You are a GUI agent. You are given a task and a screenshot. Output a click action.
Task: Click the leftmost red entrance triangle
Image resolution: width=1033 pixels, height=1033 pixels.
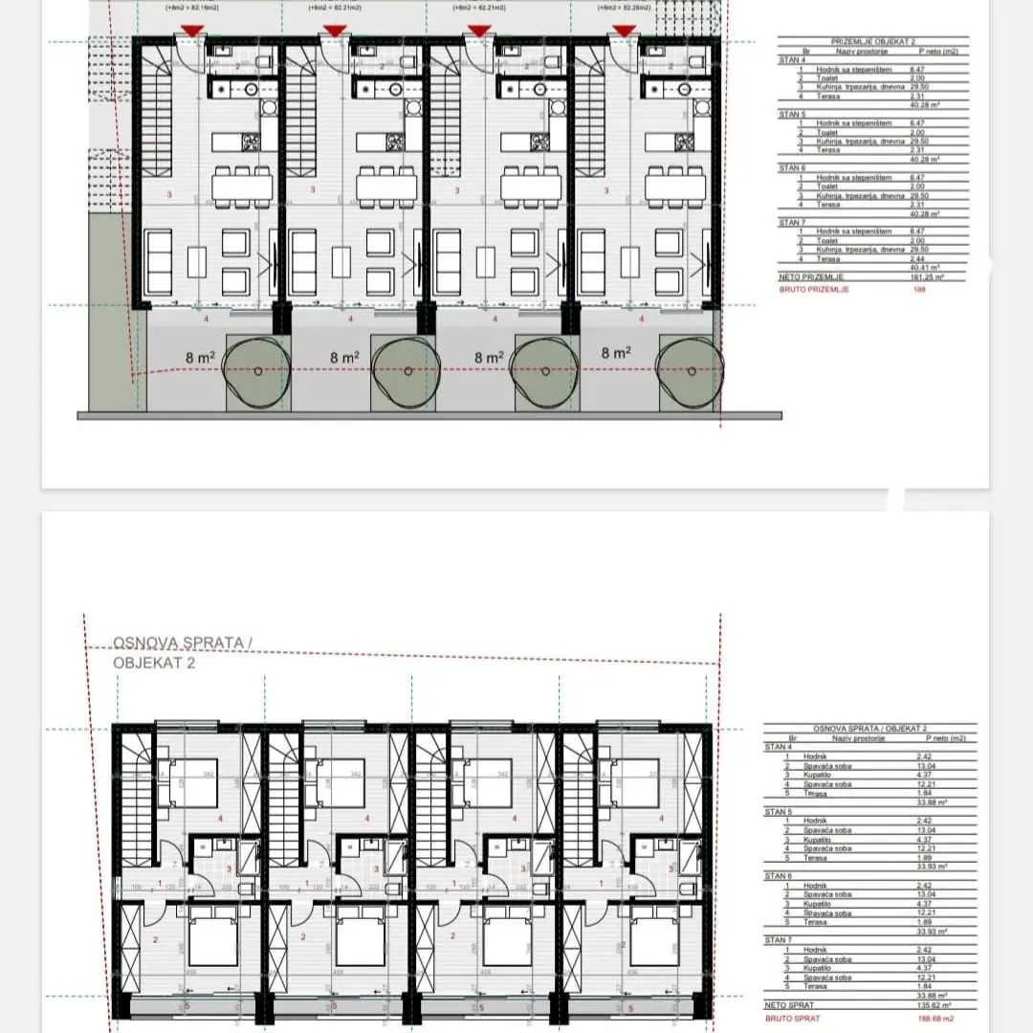tap(192, 32)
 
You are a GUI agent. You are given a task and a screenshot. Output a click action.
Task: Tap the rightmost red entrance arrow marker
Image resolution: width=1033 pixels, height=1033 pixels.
tap(624, 32)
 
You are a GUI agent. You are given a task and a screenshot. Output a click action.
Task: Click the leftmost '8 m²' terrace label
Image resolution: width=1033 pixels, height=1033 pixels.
tap(199, 357)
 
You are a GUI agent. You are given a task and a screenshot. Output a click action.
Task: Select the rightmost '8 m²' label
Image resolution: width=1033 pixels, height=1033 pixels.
tap(616, 353)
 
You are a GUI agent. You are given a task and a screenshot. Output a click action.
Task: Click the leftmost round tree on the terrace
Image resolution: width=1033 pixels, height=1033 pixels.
tap(255, 373)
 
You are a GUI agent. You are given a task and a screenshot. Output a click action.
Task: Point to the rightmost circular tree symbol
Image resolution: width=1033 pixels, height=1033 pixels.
tap(688, 373)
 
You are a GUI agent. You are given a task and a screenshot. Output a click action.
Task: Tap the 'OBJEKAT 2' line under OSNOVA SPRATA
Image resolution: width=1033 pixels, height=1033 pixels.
tap(154, 662)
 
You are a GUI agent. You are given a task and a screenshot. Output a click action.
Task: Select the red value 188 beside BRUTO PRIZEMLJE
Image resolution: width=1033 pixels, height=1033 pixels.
tap(921, 288)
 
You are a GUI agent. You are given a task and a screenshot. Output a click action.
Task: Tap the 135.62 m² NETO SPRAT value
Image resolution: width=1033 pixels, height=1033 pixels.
tap(925, 1005)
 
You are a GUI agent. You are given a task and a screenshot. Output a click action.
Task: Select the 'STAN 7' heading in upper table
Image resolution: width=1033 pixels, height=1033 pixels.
tap(790, 222)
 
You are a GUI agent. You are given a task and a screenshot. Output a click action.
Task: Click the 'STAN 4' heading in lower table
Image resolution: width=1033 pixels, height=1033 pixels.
tap(777, 745)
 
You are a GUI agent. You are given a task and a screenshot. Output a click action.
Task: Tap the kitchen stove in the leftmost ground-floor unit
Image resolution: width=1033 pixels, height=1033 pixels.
tap(252, 142)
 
